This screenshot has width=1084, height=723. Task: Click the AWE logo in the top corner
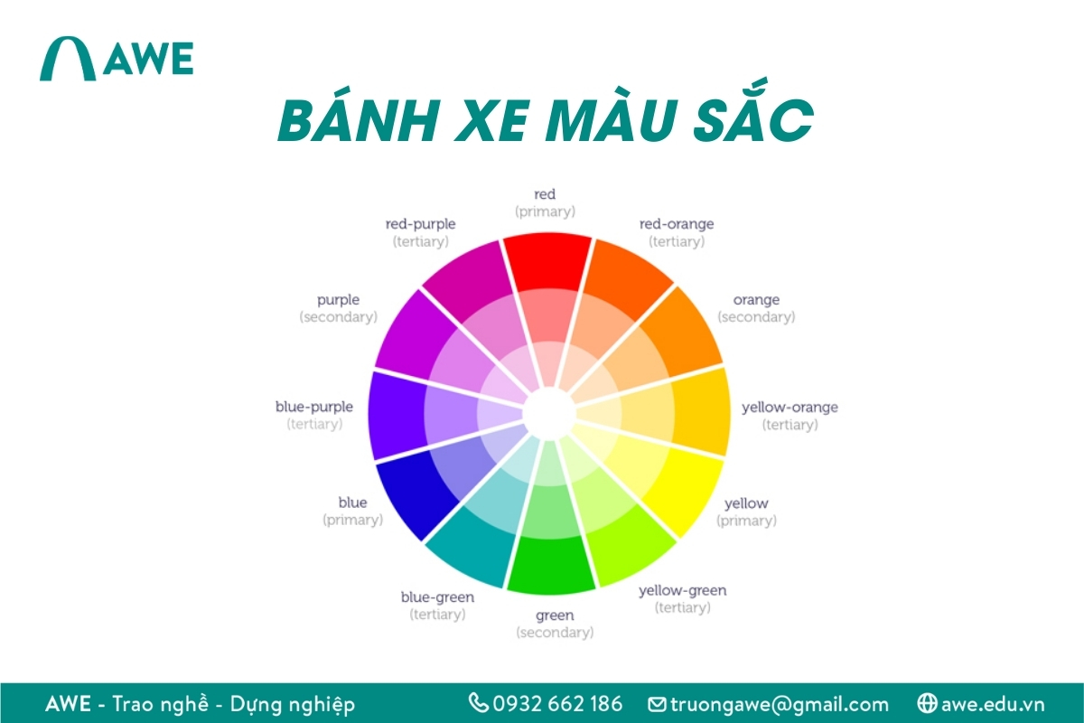(x=116, y=59)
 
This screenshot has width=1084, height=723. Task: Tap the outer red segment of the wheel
(x=547, y=261)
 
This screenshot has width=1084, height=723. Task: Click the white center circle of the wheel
(x=548, y=412)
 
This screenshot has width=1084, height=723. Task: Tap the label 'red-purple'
(x=420, y=223)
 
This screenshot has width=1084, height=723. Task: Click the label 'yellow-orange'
(x=790, y=407)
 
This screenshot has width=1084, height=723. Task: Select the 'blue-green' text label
(x=437, y=597)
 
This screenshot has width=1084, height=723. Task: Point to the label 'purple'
(x=338, y=299)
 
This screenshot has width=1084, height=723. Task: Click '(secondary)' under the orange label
(x=756, y=317)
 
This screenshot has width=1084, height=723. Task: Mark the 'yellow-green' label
(x=682, y=590)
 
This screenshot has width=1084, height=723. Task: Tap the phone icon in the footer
(x=478, y=702)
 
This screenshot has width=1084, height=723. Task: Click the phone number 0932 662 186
(x=557, y=703)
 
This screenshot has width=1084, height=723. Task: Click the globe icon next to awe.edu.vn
(x=926, y=702)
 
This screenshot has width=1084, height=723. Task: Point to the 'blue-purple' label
(x=314, y=407)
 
